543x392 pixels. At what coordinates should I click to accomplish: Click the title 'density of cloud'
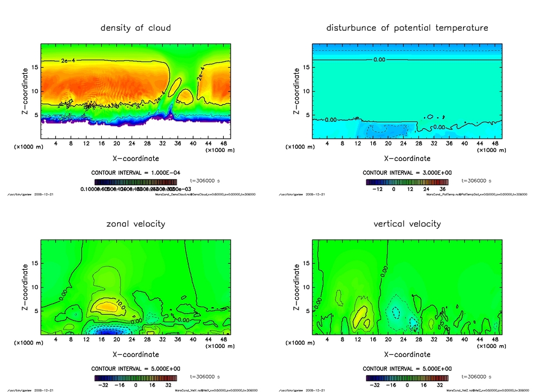(136, 28)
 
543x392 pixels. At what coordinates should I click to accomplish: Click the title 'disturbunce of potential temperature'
(407, 28)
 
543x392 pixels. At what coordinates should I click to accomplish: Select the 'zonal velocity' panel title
(136, 224)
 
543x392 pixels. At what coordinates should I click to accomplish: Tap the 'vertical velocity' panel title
(407, 224)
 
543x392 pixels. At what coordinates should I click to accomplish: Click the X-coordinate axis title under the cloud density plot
(136, 158)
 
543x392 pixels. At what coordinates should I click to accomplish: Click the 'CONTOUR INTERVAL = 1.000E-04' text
(136, 173)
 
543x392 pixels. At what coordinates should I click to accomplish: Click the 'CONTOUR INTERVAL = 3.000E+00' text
(407, 173)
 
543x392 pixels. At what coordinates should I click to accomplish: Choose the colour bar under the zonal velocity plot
(136, 378)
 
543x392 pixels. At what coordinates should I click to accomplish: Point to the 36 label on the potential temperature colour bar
(441, 188)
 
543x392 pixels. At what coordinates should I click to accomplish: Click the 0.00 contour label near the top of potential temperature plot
(379, 60)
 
